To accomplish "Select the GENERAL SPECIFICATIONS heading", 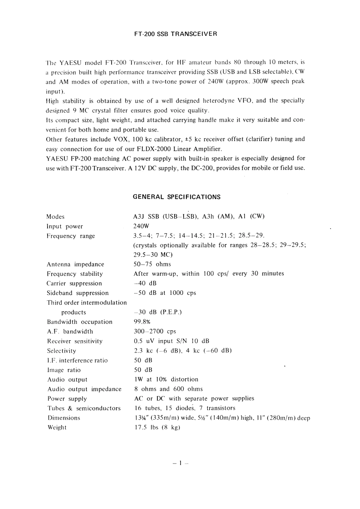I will coord(177,197).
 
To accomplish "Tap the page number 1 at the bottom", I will coord(180,463).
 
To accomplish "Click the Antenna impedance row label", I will coord(75,264).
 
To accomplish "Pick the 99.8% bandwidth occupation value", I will coord(142,322).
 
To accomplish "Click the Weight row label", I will coord(57,427).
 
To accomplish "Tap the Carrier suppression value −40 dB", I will coord(145,283).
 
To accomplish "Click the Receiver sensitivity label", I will coord(75,341).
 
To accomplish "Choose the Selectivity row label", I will coord(62,351).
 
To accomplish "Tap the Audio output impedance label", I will coord(84,389).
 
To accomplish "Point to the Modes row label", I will coord(56,216).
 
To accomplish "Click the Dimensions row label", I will coord(63,418).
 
